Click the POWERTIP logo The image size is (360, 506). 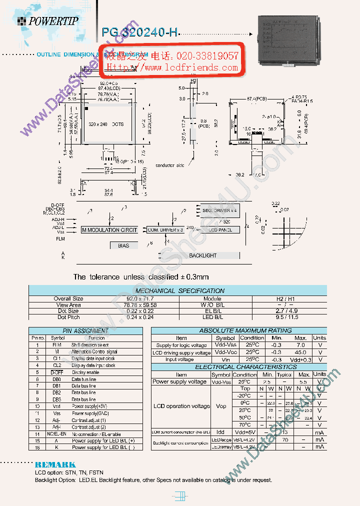click(x=47, y=20)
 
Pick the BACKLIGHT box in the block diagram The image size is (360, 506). click(x=202, y=255)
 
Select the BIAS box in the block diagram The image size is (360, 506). click(x=123, y=245)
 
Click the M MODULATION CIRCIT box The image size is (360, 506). click(x=109, y=230)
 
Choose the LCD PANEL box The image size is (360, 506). click(x=219, y=230)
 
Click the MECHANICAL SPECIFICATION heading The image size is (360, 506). click(x=180, y=290)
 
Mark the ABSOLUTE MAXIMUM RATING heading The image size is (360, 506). click(x=238, y=330)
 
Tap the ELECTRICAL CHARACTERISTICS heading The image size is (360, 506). click(x=238, y=367)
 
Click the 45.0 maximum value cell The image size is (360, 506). click(x=301, y=352)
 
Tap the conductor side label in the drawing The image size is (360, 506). click(x=169, y=165)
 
